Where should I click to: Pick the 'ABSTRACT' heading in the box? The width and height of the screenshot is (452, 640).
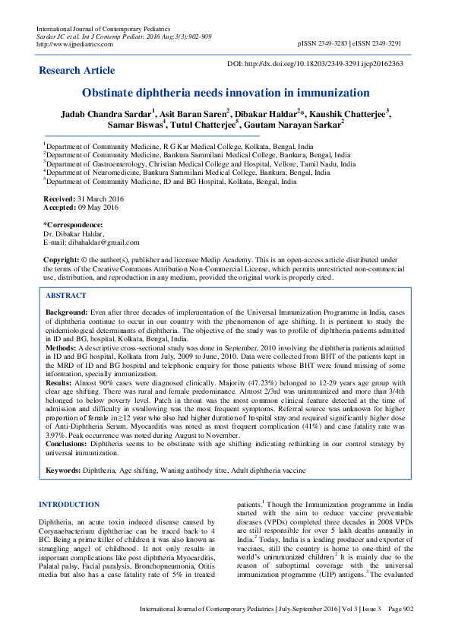click(x=66, y=294)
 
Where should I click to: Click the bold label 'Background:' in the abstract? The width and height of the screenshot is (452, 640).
click(x=67, y=312)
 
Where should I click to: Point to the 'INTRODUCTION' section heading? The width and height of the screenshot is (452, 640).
click(x=68, y=505)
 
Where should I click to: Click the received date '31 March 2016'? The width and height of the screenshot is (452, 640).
click(x=105, y=198)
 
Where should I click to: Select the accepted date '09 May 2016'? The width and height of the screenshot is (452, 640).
click(x=101, y=206)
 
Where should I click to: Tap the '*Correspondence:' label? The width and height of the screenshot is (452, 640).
click(x=73, y=225)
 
